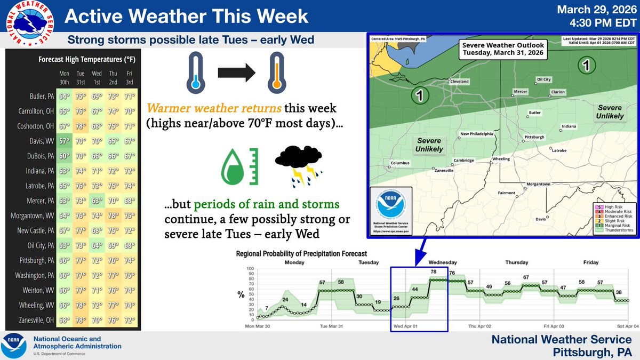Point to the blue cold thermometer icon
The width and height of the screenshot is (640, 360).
click(195, 73)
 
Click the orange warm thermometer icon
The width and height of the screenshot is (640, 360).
click(276, 72)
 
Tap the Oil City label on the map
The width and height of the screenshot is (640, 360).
click(543, 79)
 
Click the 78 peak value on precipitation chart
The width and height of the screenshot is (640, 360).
click(434, 272)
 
